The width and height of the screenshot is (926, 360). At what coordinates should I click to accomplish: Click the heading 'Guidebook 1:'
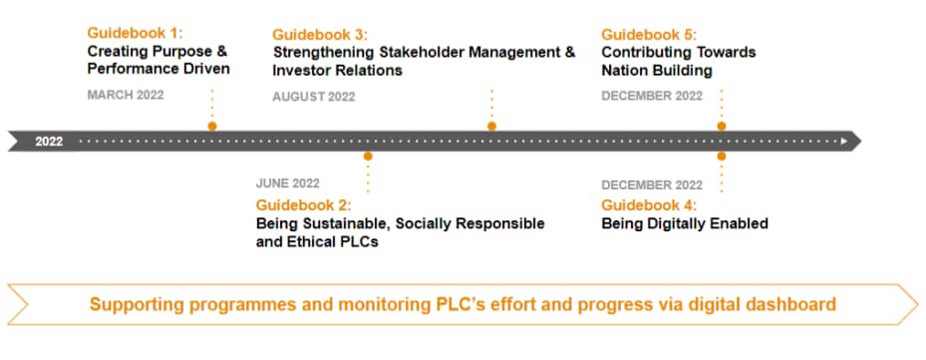[x=136, y=33]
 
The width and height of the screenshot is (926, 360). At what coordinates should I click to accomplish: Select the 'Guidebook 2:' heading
[x=304, y=205]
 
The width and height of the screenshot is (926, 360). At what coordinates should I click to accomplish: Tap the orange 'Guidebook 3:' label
[x=320, y=34]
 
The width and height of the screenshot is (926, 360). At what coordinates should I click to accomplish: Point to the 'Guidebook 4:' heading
[x=649, y=205]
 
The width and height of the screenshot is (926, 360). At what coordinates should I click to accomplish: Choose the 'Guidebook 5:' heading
[x=649, y=34]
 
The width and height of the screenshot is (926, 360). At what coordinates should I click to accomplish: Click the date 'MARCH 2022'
[x=126, y=95]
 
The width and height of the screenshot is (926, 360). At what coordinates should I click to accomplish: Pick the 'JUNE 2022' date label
[x=288, y=183]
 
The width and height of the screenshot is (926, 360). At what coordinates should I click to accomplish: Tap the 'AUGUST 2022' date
[x=314, y=97]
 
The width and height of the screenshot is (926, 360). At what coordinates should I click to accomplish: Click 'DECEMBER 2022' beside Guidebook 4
[x=652, y=185]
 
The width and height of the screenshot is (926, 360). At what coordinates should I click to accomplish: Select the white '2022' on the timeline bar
[x=49, y=142]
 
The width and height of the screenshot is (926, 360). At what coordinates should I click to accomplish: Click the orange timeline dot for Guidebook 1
[x=212, y=126]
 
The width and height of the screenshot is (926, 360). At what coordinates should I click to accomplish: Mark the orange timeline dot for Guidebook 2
[x=368, y=157]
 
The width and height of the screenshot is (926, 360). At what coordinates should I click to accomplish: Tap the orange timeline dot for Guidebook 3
[x=492, y=126]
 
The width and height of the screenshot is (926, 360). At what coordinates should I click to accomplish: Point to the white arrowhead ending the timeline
[x=844, y=142]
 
